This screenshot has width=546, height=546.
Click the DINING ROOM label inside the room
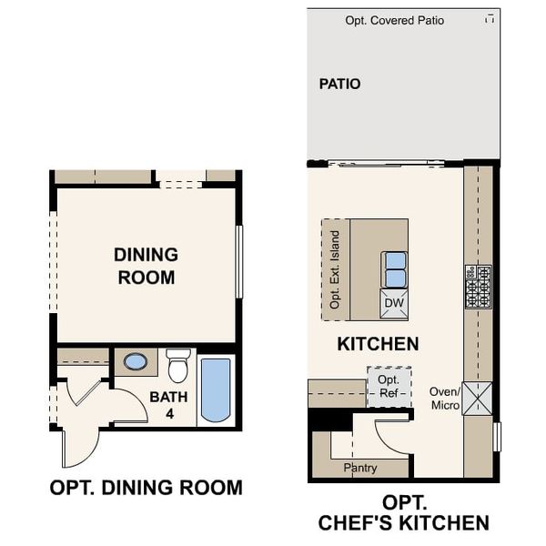146,266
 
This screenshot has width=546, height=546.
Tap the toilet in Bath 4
177,366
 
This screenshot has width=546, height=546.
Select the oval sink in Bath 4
136,362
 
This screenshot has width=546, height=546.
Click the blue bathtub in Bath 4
216,390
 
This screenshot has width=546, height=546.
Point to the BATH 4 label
168,405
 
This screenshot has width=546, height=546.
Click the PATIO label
339,84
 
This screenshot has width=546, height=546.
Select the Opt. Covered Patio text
394,20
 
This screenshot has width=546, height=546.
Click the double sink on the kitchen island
394,269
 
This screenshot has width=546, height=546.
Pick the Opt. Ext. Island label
335,269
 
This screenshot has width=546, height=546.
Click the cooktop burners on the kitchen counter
478,286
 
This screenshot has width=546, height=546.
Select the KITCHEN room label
378,344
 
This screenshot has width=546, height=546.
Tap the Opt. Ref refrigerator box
389,386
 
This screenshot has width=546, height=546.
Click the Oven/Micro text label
445,398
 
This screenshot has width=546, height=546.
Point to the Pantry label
360,468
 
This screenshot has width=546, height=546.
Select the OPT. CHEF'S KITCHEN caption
403,513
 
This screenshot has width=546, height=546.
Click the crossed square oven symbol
477,399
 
